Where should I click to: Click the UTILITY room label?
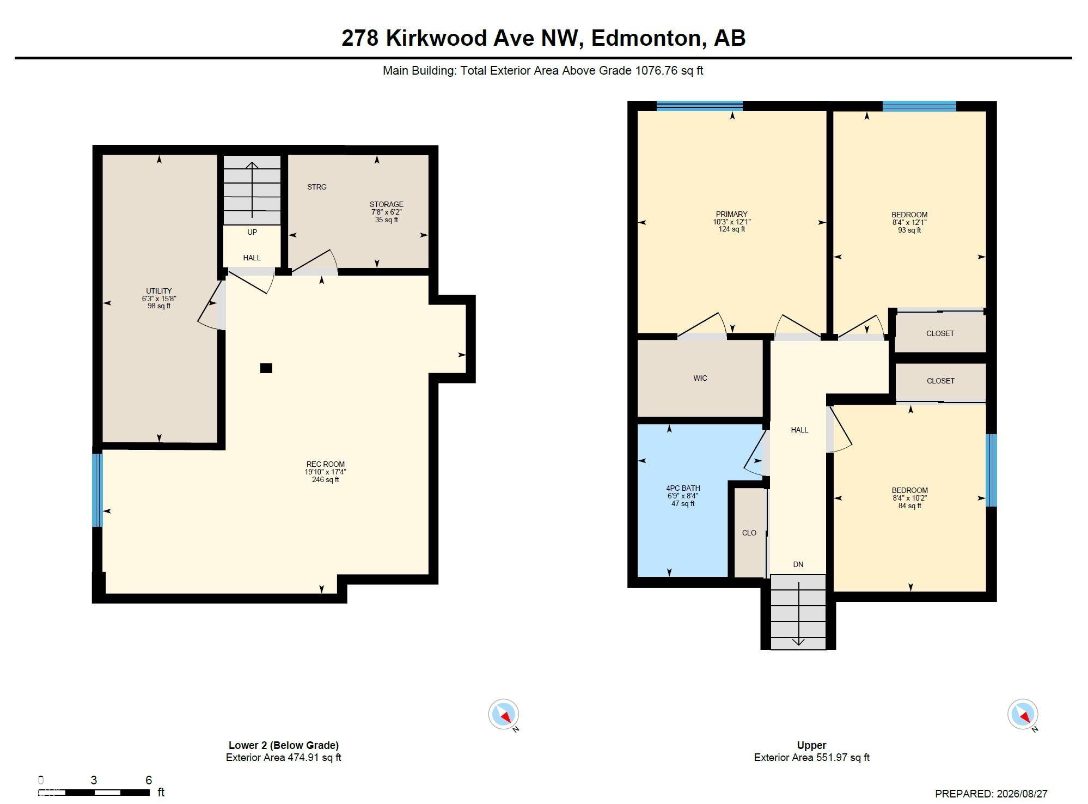coord(159,291)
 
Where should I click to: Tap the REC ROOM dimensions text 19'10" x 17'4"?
coord(326,472)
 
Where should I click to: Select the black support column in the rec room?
coord(266,368)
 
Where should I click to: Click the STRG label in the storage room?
coord(317,187)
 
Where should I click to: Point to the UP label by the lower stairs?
coord(252,232)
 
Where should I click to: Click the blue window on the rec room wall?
coord(97,490)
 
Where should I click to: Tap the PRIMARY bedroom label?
coord(732,214)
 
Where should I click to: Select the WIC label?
coord(700,378)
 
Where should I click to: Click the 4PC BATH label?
coord(683,488)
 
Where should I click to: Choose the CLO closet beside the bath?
coord(749,533)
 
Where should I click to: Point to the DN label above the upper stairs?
coord(798,564)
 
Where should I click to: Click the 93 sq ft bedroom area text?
coord(909,230)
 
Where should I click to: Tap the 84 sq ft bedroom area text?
coord(910,505)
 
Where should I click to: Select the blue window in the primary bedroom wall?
coord(700,106)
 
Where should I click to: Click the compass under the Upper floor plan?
coord(1023,715)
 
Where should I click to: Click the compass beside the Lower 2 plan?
coord(504,715)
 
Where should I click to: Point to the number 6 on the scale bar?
coord(149,780)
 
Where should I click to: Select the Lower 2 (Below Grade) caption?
coord(284,745)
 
